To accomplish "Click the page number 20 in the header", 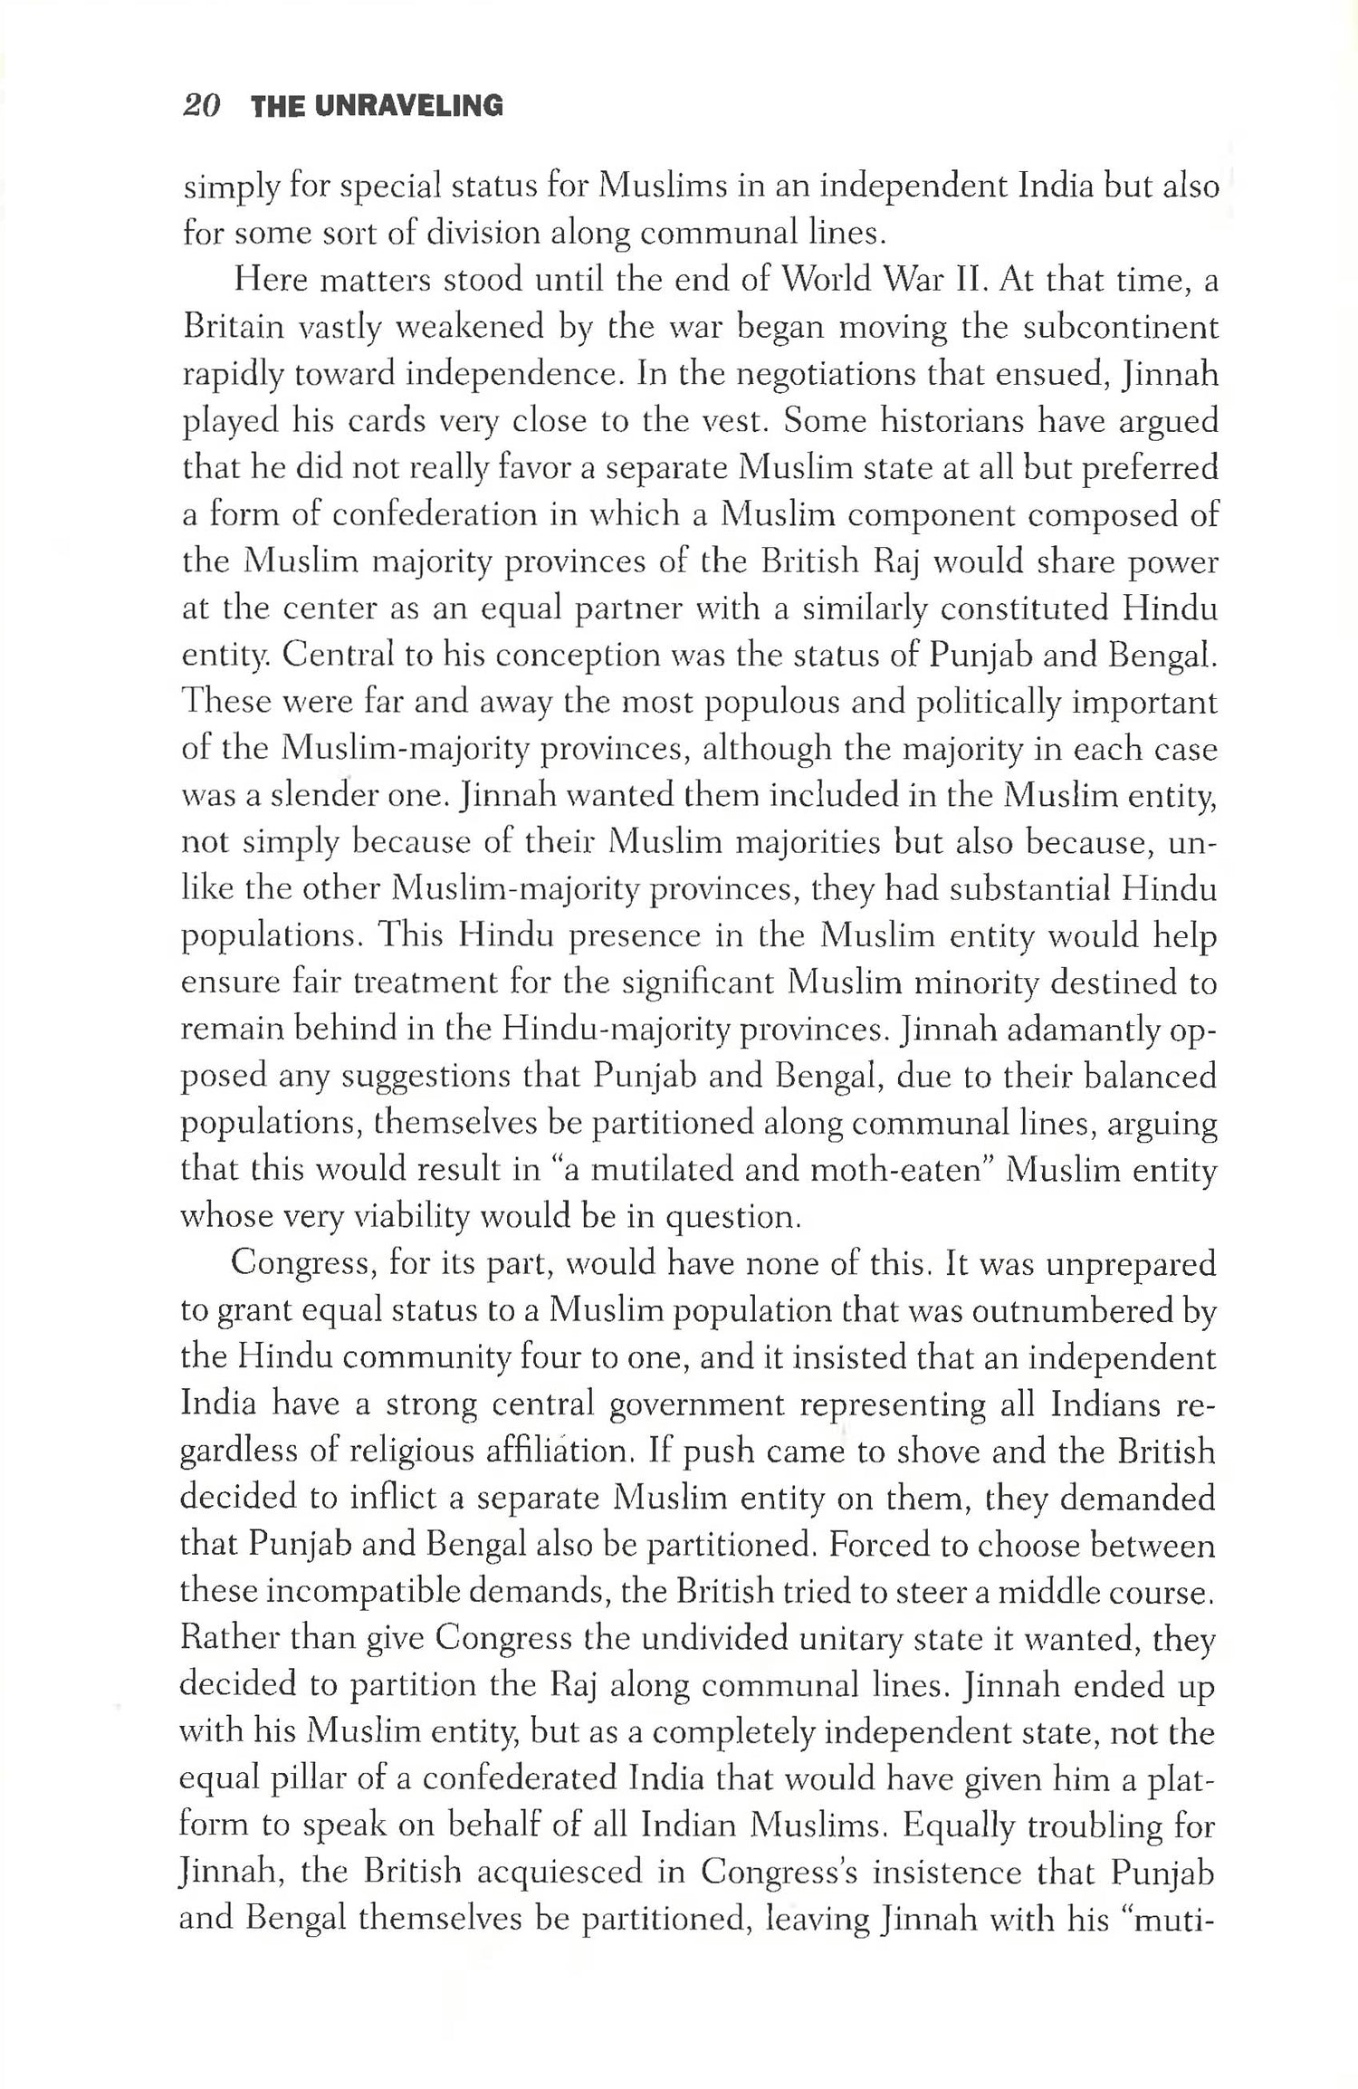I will coord(201,106).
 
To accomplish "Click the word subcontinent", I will coord(1120,327).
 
